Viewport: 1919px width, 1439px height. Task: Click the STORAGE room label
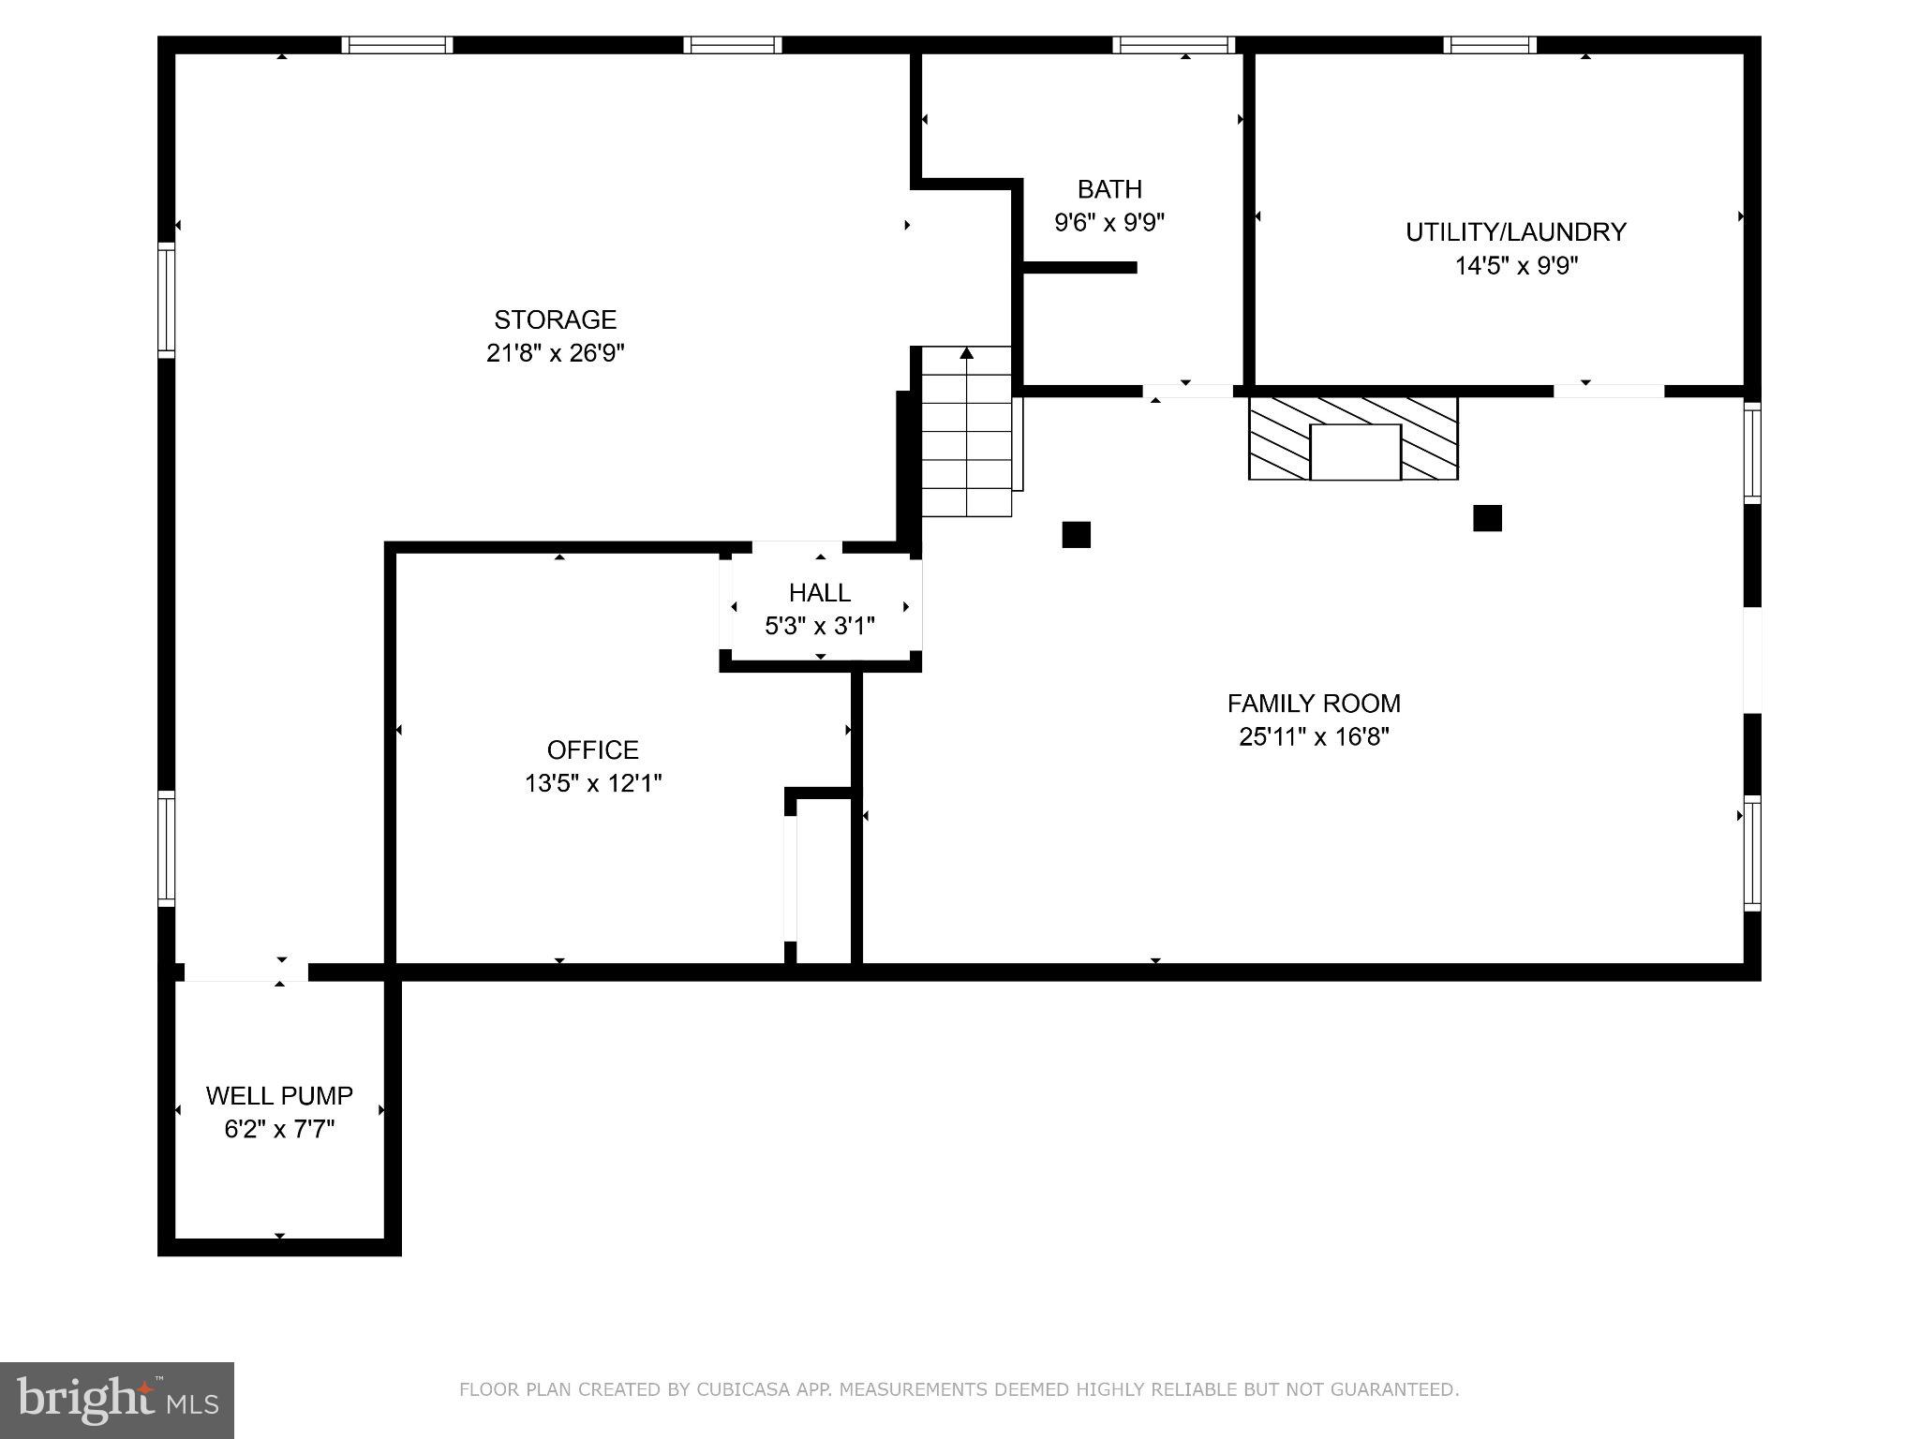(x=556, y=320)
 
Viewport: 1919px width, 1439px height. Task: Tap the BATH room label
(x=1109, y=189)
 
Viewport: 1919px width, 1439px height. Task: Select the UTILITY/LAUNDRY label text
(x=1516, y=232)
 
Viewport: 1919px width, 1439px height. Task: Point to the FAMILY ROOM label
(x=1314, y=703)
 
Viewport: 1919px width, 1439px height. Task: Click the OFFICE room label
(x=593, y=749)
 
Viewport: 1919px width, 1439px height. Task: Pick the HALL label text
(x=820, y=592)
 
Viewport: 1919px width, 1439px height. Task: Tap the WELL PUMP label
(x=279, y=1095)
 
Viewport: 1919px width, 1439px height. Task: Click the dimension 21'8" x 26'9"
(x=556, y=353)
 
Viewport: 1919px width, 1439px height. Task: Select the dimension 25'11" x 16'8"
(x=1314, y=736)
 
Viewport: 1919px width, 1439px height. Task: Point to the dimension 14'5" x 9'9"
(x=1516, y=266)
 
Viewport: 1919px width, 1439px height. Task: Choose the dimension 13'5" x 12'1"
(x=593, y=783)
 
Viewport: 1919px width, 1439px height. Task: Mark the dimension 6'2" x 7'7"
(x=279, y=1129)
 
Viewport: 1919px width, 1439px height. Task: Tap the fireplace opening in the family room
(x=1355, y=452)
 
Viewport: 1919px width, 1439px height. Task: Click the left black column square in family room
(x=1076, y=534)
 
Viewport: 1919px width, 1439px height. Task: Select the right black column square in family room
(x=1487, y=518)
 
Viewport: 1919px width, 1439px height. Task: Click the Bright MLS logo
(x=117, y=1400)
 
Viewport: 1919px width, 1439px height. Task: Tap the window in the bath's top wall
(x=1174, y=45)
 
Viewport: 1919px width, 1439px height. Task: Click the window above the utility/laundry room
(x=1490, y=45)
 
